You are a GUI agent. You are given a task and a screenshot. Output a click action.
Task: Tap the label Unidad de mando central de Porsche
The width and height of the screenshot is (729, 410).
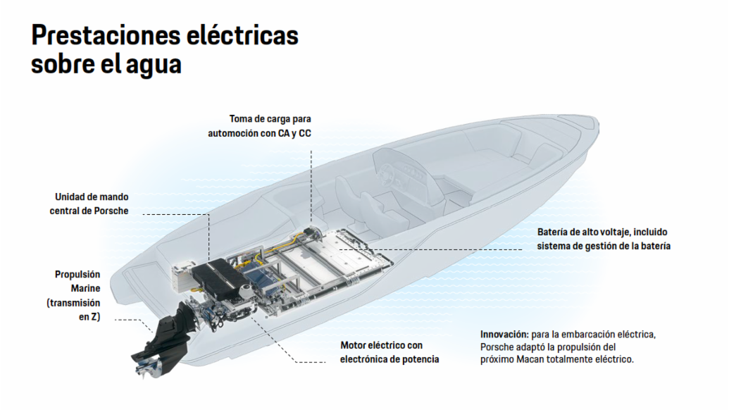[92, 204]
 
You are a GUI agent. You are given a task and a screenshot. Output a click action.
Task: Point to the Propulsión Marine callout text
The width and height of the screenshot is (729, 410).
[77, 296]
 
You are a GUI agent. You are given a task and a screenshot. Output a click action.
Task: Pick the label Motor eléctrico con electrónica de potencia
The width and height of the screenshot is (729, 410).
[390, 352]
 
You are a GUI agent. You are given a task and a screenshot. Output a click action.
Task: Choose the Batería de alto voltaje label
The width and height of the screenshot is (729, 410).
[603, 239]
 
